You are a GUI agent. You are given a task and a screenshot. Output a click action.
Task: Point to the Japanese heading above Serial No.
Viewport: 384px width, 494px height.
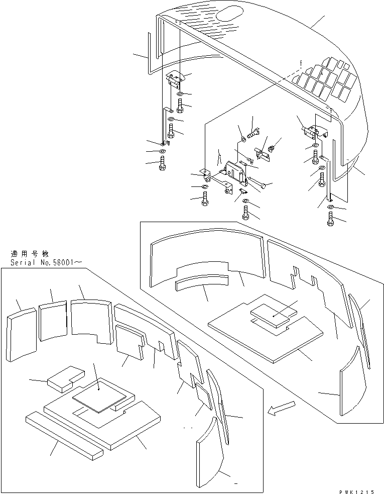[x=31, y=254]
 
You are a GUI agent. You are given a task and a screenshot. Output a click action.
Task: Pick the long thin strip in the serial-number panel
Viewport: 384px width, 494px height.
[x=64, y=436]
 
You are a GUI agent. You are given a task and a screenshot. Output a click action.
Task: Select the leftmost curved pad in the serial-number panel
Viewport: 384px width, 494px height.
[x=22, y=336]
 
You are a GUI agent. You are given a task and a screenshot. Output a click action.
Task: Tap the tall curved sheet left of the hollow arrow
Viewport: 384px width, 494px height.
[x=356, y=382]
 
